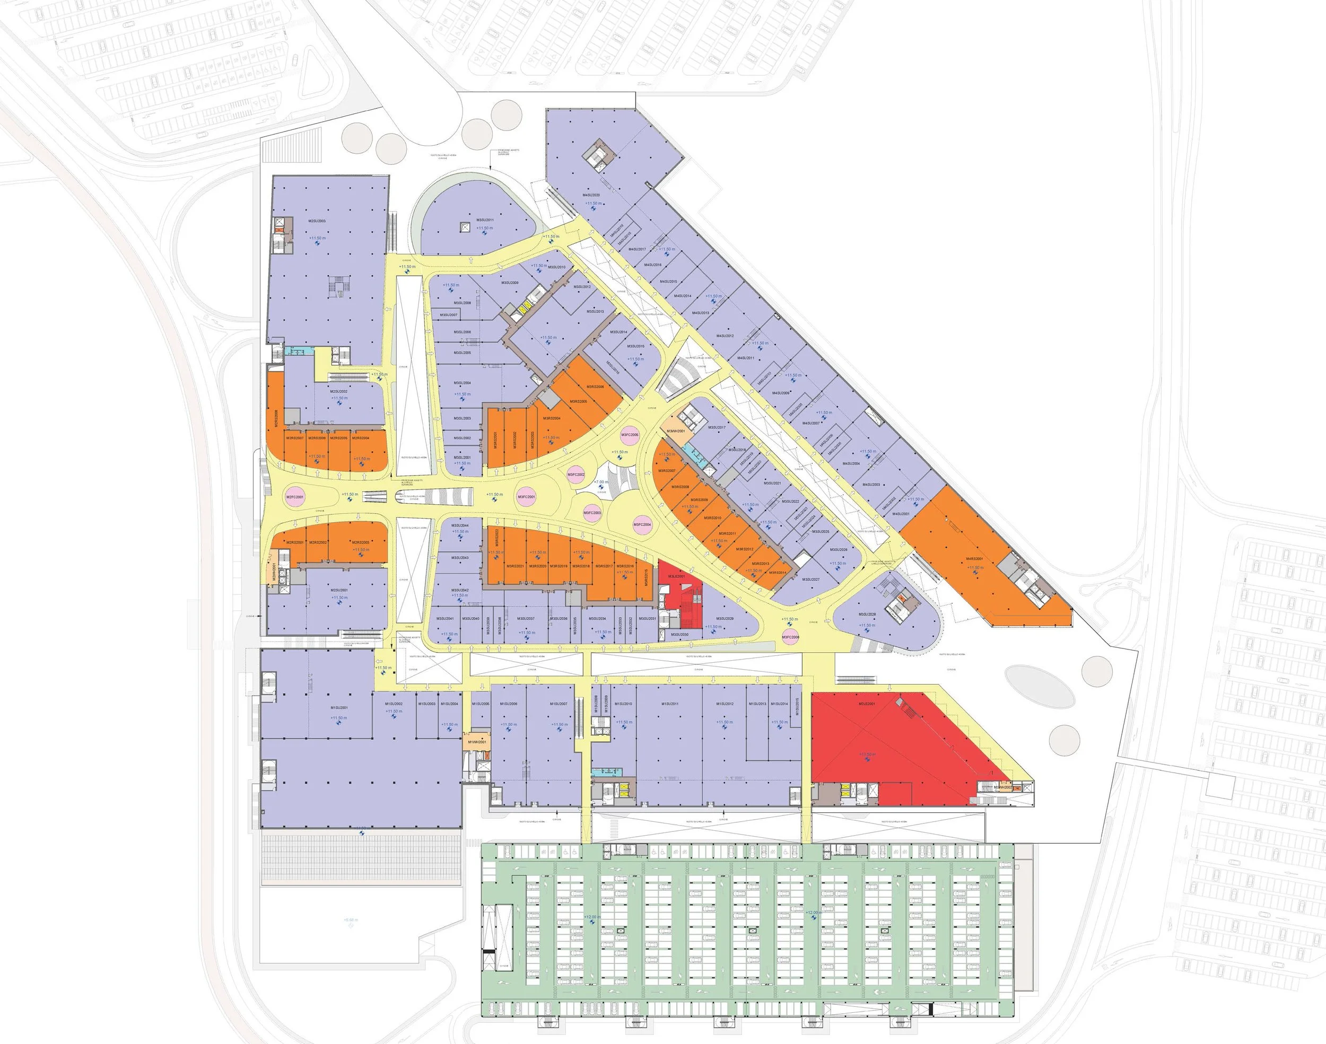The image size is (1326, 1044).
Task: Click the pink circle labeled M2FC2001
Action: coord(295,497)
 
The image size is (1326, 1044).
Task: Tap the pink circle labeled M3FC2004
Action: coord(642,524)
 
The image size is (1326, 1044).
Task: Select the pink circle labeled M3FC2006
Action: coord(790,637)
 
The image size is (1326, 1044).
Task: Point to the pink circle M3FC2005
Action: coord(629,435)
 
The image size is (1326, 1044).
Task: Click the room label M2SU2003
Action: coord(317,221)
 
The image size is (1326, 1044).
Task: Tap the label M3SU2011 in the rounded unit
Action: coord(484,220)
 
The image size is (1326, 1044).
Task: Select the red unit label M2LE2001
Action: coord(867,704)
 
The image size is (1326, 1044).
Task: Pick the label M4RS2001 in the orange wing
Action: coord(974,559)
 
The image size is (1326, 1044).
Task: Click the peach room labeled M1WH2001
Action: coord(476,741)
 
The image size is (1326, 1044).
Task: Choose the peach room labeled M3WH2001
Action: coord(676,431)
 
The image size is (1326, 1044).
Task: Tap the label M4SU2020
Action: coord(591,195)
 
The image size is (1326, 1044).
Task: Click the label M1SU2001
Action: coord(339,708)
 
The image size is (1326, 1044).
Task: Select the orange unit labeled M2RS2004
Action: coord(361,437)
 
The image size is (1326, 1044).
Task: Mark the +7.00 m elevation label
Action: coord(601,482)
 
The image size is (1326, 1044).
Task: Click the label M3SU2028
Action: coord(867,615)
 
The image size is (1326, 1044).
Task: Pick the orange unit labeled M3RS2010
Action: coord(712,517)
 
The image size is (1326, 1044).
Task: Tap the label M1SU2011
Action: coord(669,704)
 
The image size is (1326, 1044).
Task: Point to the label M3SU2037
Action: coord(526,619)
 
